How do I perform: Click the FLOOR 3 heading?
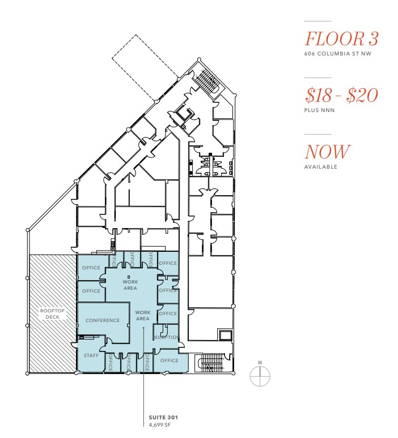341,39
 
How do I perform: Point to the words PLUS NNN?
320,110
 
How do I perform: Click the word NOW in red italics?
328,152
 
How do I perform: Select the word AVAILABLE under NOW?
321,167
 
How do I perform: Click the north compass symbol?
260,375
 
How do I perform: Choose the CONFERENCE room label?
103,320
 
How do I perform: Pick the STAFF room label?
91,355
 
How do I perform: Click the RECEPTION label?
166,338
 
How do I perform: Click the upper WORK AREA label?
130,285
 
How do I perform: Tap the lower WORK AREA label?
142,315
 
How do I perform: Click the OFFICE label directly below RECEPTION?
169,360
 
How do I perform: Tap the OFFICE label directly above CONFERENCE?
91,291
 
